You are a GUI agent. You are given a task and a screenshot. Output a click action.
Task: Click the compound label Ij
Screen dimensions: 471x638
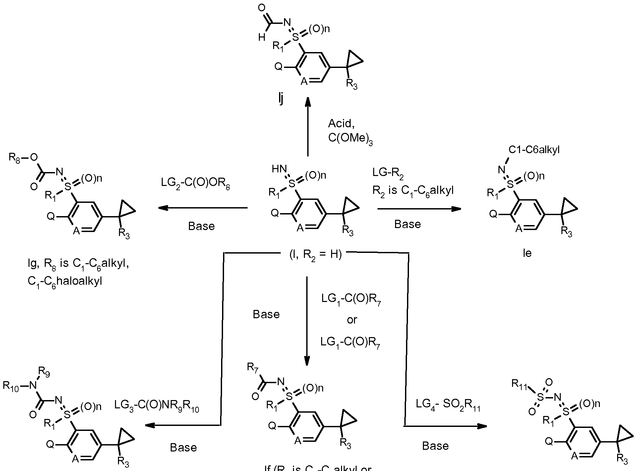(281, 99)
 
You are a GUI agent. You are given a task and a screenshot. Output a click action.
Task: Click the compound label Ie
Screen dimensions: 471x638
(527, 253)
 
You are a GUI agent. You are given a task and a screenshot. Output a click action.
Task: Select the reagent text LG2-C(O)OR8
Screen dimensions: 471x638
(196, 183)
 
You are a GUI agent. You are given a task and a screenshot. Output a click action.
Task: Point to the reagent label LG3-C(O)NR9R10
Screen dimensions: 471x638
(157, 405)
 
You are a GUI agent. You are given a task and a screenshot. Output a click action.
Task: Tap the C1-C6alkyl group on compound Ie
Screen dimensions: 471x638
(534, 150)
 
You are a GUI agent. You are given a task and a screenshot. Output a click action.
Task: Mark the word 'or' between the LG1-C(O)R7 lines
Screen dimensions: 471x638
(352, 320)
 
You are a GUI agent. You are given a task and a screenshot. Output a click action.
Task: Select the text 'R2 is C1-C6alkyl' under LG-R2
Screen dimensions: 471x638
(413, 191)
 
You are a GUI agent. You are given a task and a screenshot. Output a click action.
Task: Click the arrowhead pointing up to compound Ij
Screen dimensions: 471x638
(308, 101)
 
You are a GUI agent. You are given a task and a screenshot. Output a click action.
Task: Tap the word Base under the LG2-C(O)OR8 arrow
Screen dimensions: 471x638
(202, 226)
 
